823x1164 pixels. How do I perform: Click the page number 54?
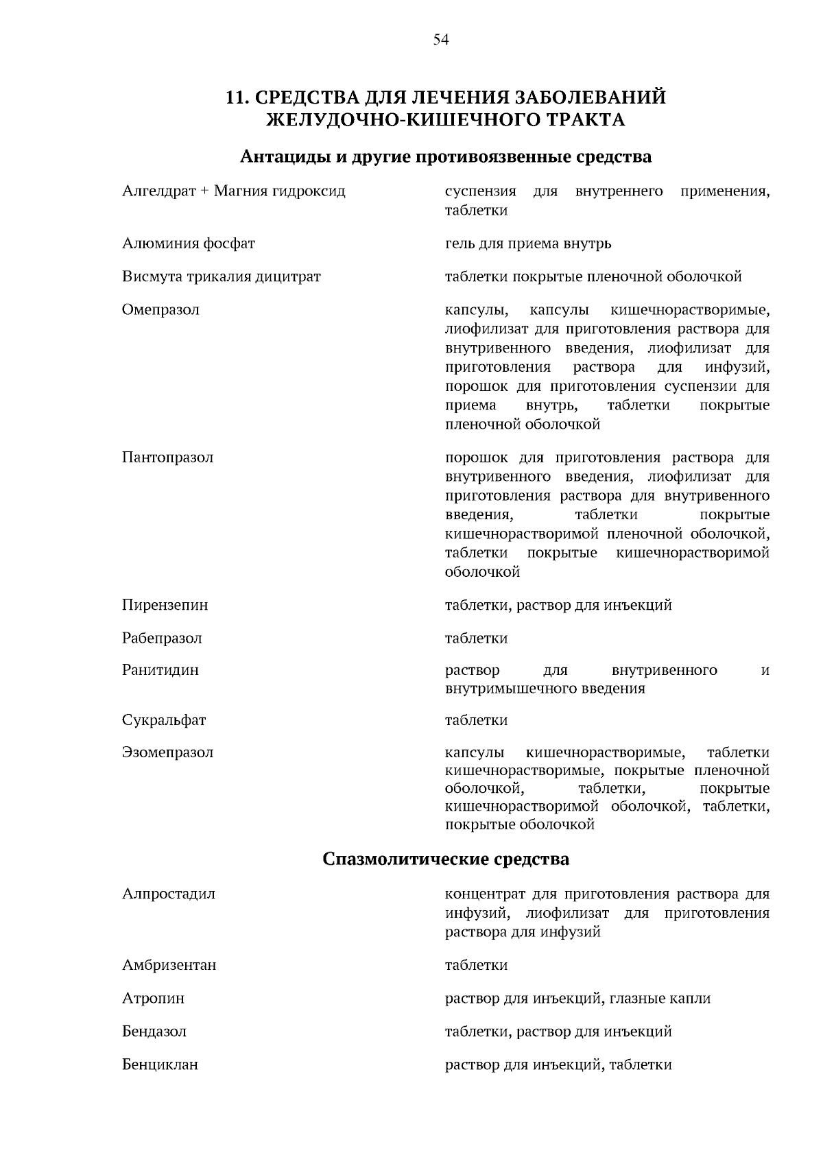441,40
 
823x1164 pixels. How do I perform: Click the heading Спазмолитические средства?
446,859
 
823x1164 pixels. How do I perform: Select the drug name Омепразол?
160,309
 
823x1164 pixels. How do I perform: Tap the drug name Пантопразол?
167,458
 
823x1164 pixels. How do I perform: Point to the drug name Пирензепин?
165,605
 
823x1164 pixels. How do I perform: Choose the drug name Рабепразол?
162,638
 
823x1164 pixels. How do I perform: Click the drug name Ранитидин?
160,670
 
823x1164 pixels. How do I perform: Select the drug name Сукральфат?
164,720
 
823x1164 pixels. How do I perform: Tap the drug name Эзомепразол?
167,752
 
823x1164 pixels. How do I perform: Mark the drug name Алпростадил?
169,894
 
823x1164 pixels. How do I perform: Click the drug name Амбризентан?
169,965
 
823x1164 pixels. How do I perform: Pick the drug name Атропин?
153,998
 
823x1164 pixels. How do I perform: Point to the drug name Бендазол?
154,1031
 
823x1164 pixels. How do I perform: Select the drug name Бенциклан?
160,1065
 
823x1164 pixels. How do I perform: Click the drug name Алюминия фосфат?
189,244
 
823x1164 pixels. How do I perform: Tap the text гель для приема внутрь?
528,244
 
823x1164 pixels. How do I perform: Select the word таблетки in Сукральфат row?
476,720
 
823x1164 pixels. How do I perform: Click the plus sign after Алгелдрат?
204,191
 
